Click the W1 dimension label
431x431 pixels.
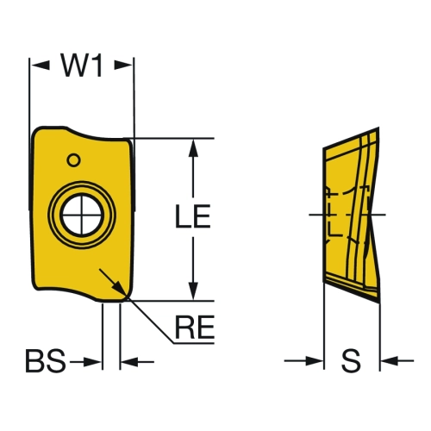(82, 66)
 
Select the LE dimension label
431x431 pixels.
(193, 216)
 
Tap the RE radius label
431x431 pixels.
(195, 327)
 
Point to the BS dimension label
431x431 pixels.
(46, 360)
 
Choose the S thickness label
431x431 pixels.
(351, 360)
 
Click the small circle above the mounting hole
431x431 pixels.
(73, 160)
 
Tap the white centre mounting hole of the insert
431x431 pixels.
(82, 215)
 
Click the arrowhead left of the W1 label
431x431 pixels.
(41, 66)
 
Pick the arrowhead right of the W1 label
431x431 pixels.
(123, 66)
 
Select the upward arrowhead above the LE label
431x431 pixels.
(193, 148)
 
